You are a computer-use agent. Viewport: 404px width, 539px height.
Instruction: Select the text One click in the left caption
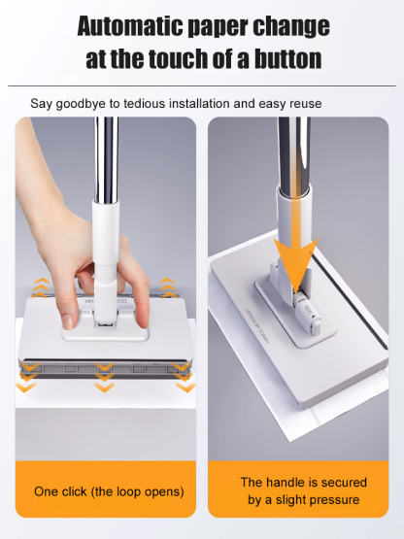point(64,491)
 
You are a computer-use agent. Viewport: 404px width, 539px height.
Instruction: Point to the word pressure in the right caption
point(330,500)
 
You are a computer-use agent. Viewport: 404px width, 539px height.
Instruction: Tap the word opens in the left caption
point(162,491)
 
